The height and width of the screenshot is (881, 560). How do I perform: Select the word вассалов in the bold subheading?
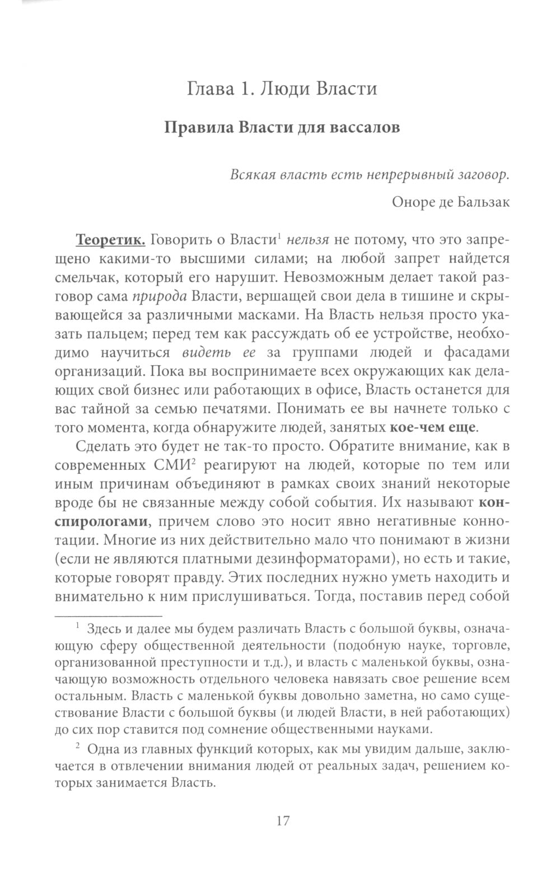[364, 127]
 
